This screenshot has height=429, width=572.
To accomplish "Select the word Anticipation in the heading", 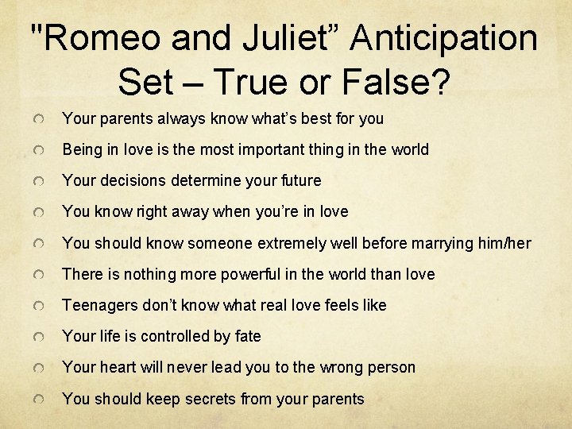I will [443, 37].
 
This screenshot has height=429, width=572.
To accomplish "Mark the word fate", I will [248, 336].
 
